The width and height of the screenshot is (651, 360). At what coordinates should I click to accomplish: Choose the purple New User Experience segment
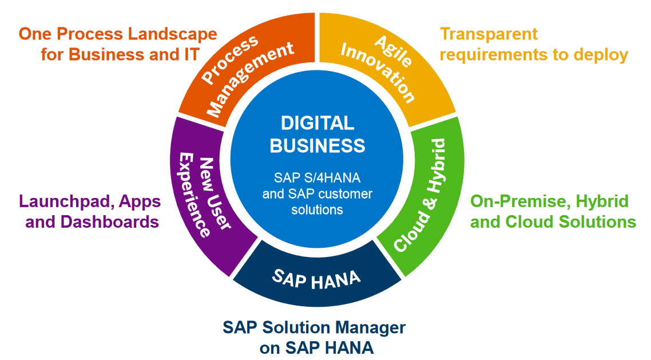point(204,195)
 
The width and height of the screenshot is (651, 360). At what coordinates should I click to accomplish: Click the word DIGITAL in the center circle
point(317,123)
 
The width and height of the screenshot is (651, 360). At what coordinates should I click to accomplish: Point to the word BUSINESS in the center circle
point(317,146)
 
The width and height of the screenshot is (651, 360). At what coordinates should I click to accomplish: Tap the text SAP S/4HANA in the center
point(317,178)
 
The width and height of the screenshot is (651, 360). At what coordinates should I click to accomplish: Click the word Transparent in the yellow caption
point(489,34)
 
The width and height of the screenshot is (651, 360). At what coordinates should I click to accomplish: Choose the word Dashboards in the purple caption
point(110,222)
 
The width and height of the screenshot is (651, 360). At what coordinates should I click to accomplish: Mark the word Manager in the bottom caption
point(370,328)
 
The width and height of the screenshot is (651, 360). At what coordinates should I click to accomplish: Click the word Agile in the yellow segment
point(393,51)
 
